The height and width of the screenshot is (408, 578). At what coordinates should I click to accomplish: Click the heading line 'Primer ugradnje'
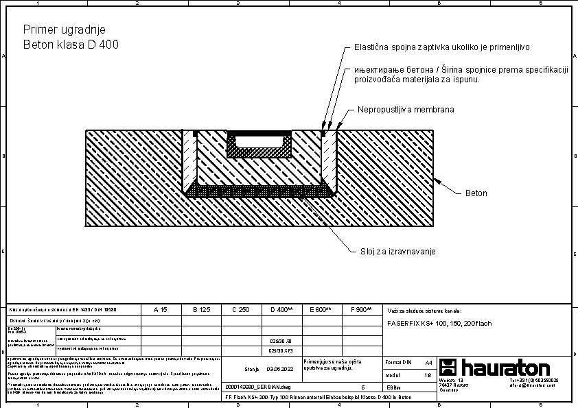click(x=65, y=29)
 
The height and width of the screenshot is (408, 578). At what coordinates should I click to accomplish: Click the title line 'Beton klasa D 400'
click(x=71, y=45)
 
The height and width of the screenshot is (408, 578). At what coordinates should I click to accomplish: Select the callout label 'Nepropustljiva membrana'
click(x=406, y=110)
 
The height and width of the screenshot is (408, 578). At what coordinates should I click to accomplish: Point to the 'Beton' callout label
click(x=476, y=193)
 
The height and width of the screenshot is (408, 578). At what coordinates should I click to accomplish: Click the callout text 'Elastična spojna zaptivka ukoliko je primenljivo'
click(x=442, y=48)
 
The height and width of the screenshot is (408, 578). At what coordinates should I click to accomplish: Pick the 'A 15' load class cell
click(x=160, y=310)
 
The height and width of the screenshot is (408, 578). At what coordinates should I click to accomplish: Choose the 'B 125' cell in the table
click(x=200, y=310)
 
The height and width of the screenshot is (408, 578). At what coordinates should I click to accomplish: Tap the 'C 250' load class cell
click(x=240, y=310)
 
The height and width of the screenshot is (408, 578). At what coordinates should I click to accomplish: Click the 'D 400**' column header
click(x=281, y=310)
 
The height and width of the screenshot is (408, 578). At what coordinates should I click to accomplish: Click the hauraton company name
click(x=505, y=367)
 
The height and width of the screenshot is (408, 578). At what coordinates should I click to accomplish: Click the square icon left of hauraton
click(x=448, y=367)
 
